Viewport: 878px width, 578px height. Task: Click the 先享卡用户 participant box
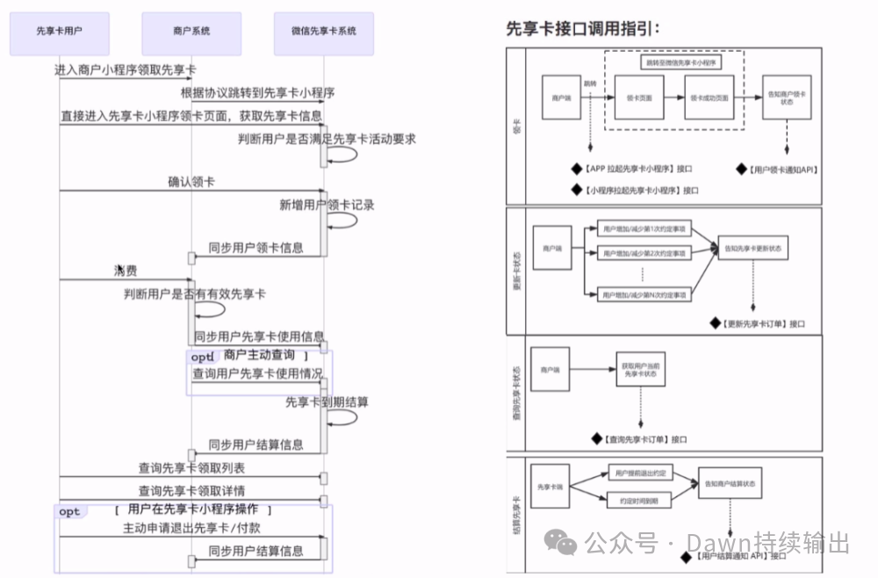60,31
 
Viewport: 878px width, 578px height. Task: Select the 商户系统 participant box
191,31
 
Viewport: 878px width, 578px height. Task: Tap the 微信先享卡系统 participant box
323,31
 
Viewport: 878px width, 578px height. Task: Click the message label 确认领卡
191,182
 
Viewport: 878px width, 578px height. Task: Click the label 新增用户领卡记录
327,205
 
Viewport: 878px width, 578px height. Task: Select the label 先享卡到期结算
327,401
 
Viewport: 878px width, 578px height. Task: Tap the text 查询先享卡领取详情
191,490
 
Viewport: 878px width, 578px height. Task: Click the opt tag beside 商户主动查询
202,358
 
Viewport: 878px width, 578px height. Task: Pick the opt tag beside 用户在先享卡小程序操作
69,511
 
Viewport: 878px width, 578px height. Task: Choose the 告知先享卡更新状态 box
752,249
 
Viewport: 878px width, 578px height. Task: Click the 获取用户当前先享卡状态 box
638,370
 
